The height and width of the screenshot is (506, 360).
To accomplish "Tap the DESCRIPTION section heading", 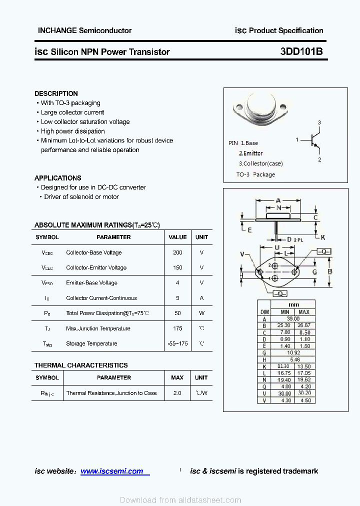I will [x=56, y=93].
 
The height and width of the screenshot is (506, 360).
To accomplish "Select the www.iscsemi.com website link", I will [x=112, y=471].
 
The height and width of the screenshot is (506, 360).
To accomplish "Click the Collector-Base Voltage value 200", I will [x=177, y=252].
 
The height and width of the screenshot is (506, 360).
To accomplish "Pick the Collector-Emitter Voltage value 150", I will [x=177, y=267].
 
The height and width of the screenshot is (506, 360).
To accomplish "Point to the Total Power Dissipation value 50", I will [x=177, y=313].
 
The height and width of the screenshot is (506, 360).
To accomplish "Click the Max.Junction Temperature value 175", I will [x=177, y=328].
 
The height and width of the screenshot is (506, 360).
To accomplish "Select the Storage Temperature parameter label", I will [x=91, y=343].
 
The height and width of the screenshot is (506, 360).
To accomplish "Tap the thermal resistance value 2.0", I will [x=177, y=393].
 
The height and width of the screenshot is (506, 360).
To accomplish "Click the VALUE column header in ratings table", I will [x=177, y=237].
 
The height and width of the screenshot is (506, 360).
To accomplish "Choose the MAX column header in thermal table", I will [x=177, y=377].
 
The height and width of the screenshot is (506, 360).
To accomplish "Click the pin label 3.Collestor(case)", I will [x=260, y=163].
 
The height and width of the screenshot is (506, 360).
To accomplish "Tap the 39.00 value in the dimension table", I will [x=293, y=318].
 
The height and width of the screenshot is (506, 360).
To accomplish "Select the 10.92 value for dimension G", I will [x=293, y=352].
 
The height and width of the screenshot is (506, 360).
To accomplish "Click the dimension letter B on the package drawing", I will [x=330, y=272].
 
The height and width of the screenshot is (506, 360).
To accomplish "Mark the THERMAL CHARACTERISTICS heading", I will [x=81, y=365].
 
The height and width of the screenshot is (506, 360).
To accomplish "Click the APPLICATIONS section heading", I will [x=57, y=178].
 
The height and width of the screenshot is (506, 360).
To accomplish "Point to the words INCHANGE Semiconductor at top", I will [x=84, y=30].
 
